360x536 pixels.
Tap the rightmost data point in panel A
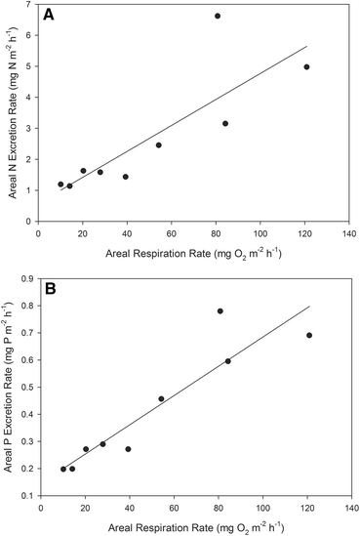(x=306, y=67)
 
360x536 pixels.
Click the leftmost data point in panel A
(x=60, y=184)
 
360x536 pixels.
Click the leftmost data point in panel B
(x=63, y=469)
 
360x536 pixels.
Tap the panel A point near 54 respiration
(x=159, y=144)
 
